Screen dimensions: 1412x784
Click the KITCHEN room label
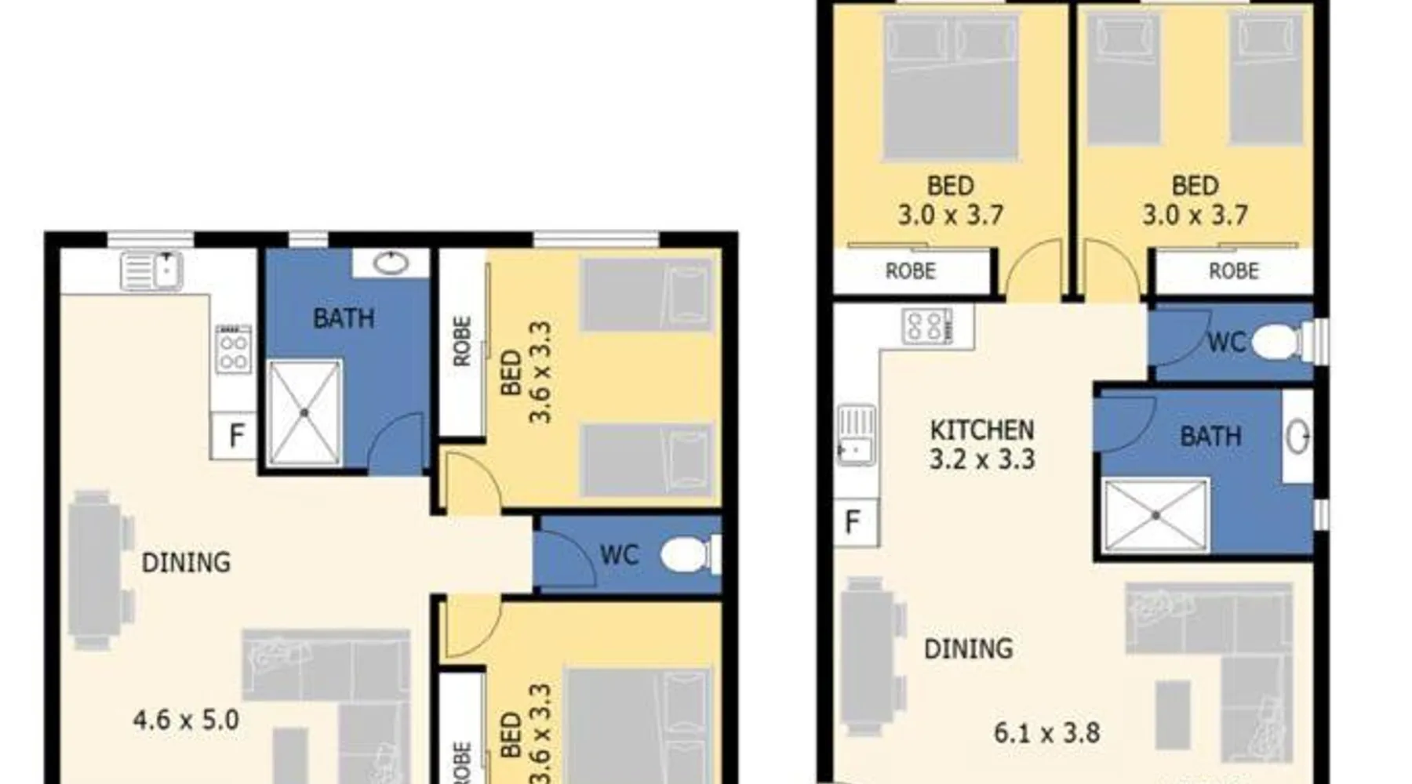coord(982,430)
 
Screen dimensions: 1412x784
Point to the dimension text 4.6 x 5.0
coord(186,720)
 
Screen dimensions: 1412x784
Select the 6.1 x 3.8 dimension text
coord(1047,733)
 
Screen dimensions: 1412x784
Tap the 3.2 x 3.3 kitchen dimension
coord(982,459)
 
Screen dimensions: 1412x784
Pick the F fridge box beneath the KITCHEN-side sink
coord(853,521)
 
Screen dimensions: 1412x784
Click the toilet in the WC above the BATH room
coord(1279,343)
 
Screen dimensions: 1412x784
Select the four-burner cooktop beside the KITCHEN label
coord(927,326)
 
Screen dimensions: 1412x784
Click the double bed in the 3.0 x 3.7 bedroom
coord(950,87)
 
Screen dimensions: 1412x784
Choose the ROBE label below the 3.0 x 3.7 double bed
coord(911,271)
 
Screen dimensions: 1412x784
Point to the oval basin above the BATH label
coord(391,263)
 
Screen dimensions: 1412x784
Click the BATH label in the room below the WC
coord(1210,436)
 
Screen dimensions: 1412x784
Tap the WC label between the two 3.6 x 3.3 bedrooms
coord(620,556)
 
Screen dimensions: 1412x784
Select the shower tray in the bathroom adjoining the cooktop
coord(304,412)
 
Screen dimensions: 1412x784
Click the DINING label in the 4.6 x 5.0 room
coord(186,562)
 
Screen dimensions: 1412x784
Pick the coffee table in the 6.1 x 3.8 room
coord(1173,714)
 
